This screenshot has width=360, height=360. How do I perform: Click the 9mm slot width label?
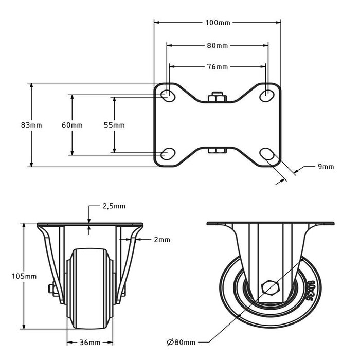point(326,166)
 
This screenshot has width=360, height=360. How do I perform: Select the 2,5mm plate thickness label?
point(114,206)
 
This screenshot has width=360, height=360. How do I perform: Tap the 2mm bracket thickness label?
point(161,240)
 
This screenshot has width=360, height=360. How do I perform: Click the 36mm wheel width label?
point(90,342)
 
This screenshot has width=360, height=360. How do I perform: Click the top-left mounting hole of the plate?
point(167,95)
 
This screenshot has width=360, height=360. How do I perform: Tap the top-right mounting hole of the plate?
point(267,95)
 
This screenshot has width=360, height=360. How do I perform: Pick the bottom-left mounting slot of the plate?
point(167,153)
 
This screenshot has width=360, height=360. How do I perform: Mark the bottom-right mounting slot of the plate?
point(267,154)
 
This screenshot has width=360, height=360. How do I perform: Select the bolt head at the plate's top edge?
point(216,97)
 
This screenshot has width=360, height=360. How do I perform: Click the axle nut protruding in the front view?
point(51,289)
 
